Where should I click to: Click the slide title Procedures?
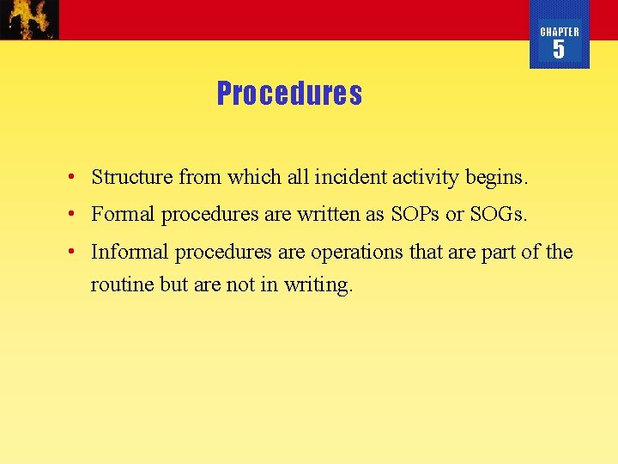[x=289, y=93]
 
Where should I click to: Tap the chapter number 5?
[x=559, y=50]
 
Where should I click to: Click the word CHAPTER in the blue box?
[x=560, y=32]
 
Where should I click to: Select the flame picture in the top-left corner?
[x=30, y=19]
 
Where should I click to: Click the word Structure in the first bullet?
[x=132, y=177]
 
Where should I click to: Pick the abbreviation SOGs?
[x=498, y=214]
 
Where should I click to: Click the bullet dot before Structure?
[x=76, y=178]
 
